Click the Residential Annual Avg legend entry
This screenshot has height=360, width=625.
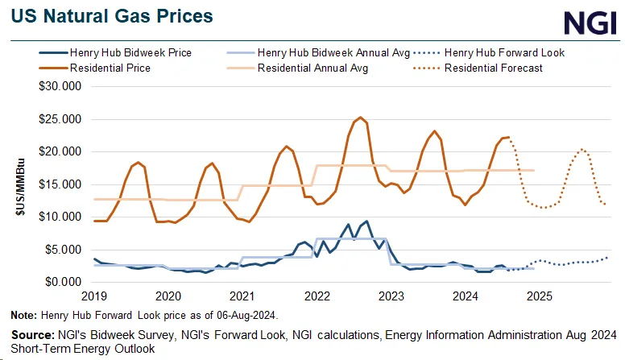point(312,68)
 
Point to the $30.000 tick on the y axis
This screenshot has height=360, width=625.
point(59,86)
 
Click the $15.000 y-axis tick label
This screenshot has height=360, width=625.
point(59,184)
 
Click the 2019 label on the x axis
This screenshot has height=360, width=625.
point(95,296)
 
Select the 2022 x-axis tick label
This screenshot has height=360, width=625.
point(317,296)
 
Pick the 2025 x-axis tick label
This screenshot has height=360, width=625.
point(538,296)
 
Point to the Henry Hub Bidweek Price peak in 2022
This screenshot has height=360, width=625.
point(367,221)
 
